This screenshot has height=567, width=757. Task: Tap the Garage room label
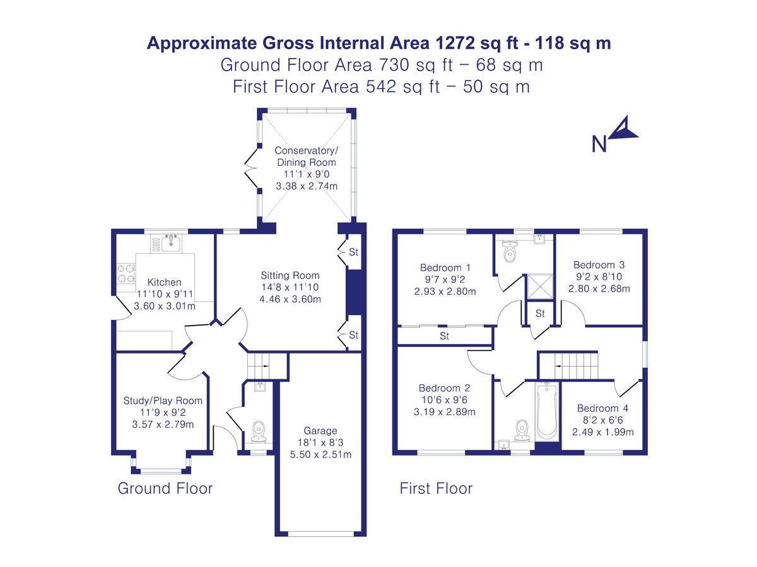pyautogui.click(x=320, y=431)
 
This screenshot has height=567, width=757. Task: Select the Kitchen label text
pyautogui.click(x=164, y=282)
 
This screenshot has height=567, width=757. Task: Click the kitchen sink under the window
pyautogui.click(x=171, y=242)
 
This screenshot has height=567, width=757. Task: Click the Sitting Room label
pyautogui.click(x=290, y=275)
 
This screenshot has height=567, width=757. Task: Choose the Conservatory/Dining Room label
pyautogui.click(x=307, y=156)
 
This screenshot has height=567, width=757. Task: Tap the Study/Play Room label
pyautogui.click(x=163, y=401)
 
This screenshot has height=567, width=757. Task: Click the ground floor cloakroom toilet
pyautogui.click(x=258, y=431)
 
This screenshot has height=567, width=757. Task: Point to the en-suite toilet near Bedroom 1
pyautogui.click(x=510, y=253)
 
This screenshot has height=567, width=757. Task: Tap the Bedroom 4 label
pyautogui.click(x=602, y=408)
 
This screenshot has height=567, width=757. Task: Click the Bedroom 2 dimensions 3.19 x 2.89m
pyautogui.click(x=444, y=412)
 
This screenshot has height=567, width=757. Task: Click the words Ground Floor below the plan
pyautogui.click(x=165, y=488)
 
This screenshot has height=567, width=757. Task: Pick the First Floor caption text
pyautogui.click(x=436, y=488)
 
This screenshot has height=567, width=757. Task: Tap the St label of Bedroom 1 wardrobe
pyautogui.click(x=445, y=336)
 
